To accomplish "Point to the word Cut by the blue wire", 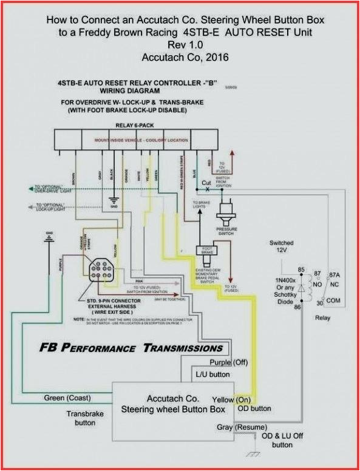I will tap(206, 183).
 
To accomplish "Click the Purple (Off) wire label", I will tap(229, 362).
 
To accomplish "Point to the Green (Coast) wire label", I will tap(67, 398).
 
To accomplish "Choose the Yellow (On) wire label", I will tap(231, 399).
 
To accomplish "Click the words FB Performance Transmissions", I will tap(131, 348).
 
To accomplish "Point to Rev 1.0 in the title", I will tap(179, 45).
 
